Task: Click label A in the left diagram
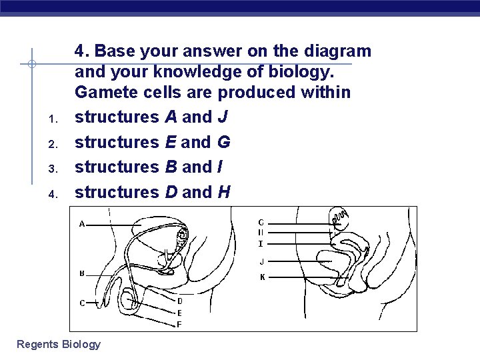[82, 224]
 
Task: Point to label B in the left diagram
[82, 273]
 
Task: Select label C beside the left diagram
[82, 303]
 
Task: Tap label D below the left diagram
[179, 301]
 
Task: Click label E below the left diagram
[179, 313]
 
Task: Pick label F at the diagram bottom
[179, 325]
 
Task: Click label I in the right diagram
[261, 244]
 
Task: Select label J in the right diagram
[261, 261]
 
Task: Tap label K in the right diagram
[262, 277]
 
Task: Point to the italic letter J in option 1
[222, 117]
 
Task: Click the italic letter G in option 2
[223, 142]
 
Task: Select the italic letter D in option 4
[171, 192]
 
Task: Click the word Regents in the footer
[37, 344]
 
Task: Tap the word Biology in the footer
[81, 344]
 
